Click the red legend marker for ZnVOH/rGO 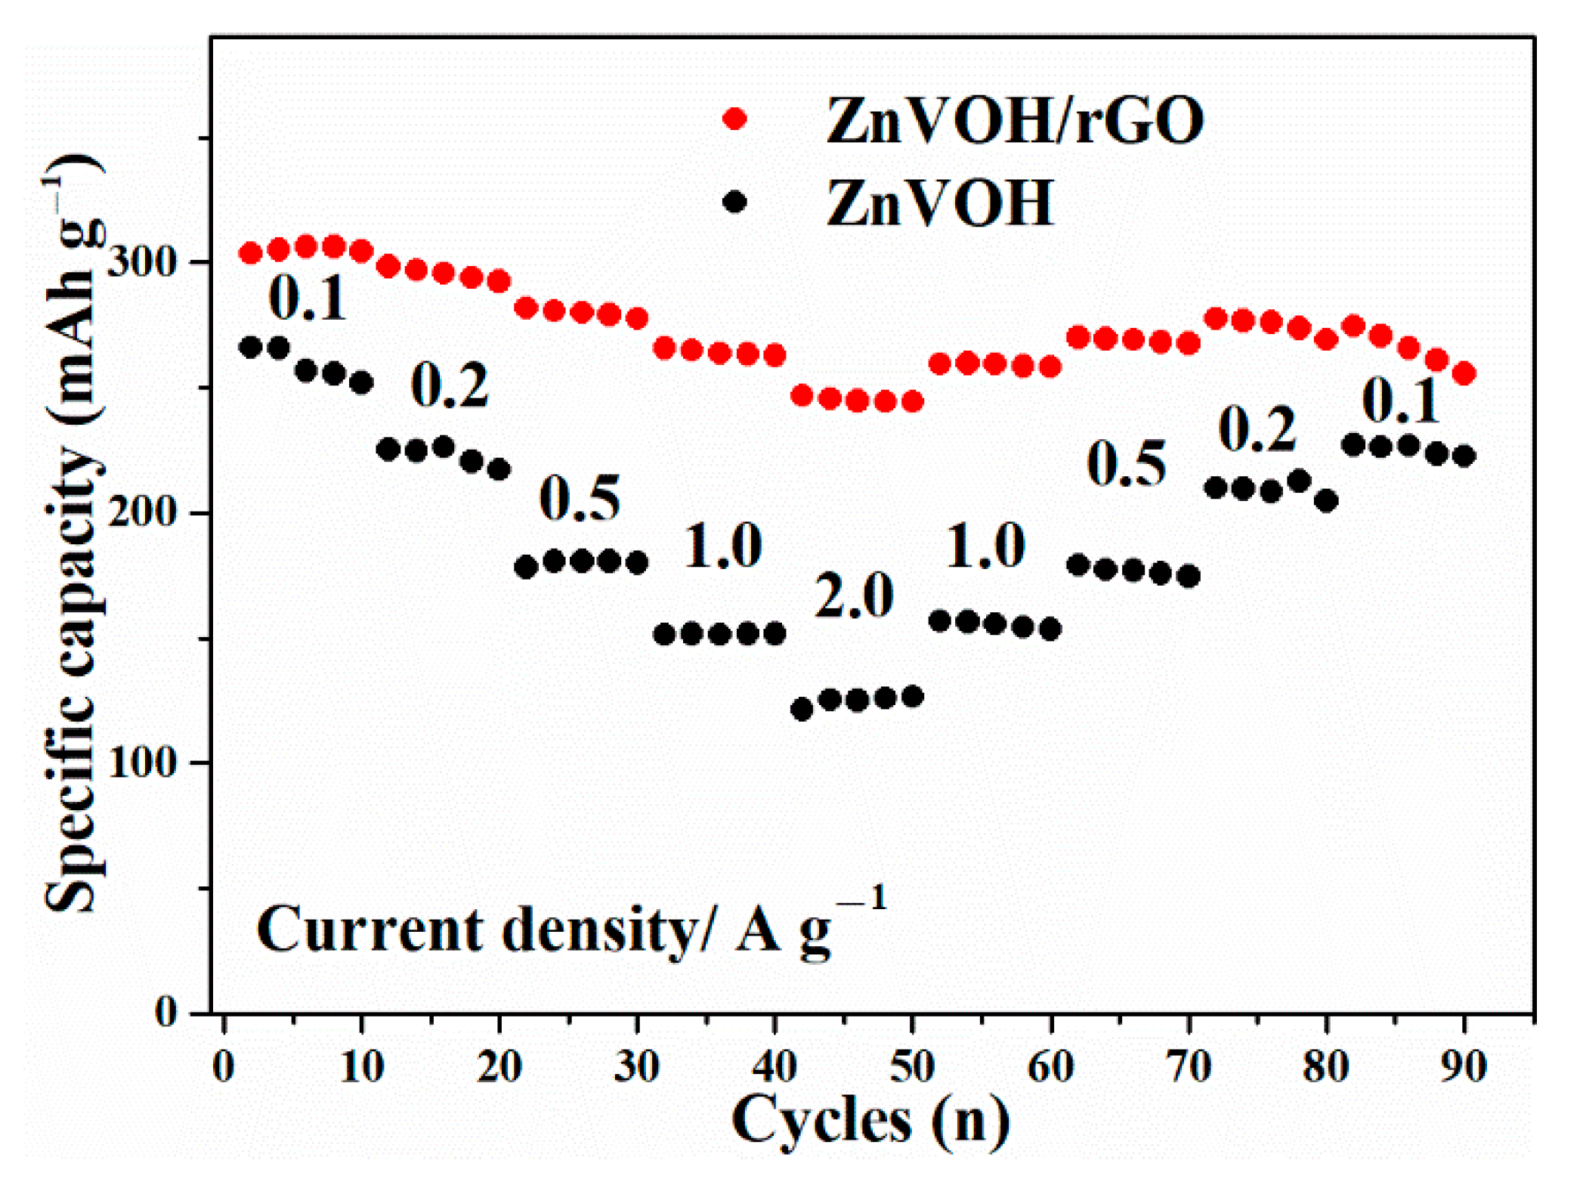tap(734, 119)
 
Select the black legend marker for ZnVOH tap(734, 202)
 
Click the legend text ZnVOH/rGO tap(1015, 121)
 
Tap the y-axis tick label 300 tap(142, 261)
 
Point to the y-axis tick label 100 tap(142, 762)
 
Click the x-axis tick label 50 tap(913, 1067)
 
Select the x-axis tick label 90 tap(1464, 1067)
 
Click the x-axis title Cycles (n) tap(870, 1121)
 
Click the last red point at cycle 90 tap(1464, 373)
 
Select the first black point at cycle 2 tap(251, 347)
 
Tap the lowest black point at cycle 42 tap(802, 709)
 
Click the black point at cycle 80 tap(1327, 500)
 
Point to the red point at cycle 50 tap(913, 401)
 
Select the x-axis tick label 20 tap(499, 1067)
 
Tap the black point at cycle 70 tap(1189, 577)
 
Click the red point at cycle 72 tap(1216, 318)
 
